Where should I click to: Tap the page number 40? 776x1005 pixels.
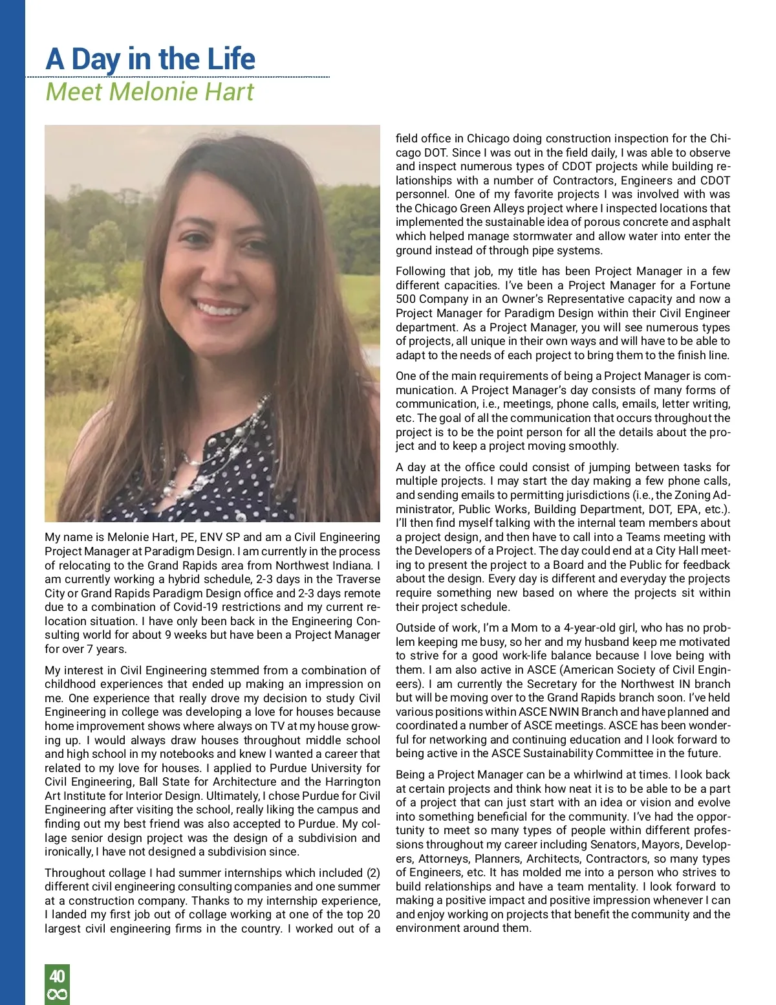coord(57,976)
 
